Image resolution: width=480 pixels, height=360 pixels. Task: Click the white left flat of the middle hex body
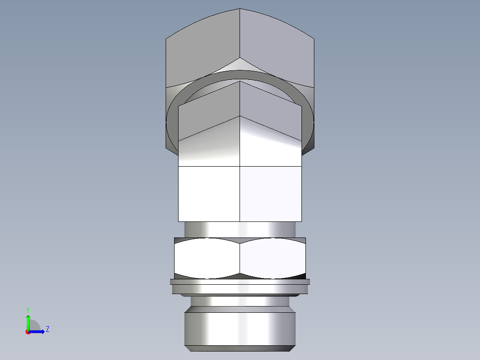[209, 194]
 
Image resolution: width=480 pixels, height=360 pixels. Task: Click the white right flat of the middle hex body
[271, 194]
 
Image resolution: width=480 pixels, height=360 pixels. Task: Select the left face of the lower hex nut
[207, 258]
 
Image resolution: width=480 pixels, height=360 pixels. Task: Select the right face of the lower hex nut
[273, 258]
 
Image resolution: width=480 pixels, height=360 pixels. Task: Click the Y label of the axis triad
[28, 309]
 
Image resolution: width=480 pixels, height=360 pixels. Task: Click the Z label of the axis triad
[47, 329]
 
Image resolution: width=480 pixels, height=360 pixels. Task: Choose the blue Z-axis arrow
[38, 331]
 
